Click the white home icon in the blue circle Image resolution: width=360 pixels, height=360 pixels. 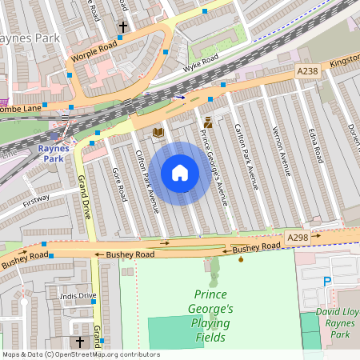pos(180,173)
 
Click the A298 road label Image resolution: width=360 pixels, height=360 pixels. pos(298,238)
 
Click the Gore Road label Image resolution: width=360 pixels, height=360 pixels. pos(118,184)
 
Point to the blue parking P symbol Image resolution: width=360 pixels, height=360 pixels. pos(326,281)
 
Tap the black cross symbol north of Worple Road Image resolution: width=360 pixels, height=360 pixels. pos(123,28)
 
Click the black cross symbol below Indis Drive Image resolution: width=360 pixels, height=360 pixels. pos(79,342)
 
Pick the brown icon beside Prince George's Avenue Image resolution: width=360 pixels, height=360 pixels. pos(208,122)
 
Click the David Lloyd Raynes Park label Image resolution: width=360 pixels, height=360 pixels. pos(330,317)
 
